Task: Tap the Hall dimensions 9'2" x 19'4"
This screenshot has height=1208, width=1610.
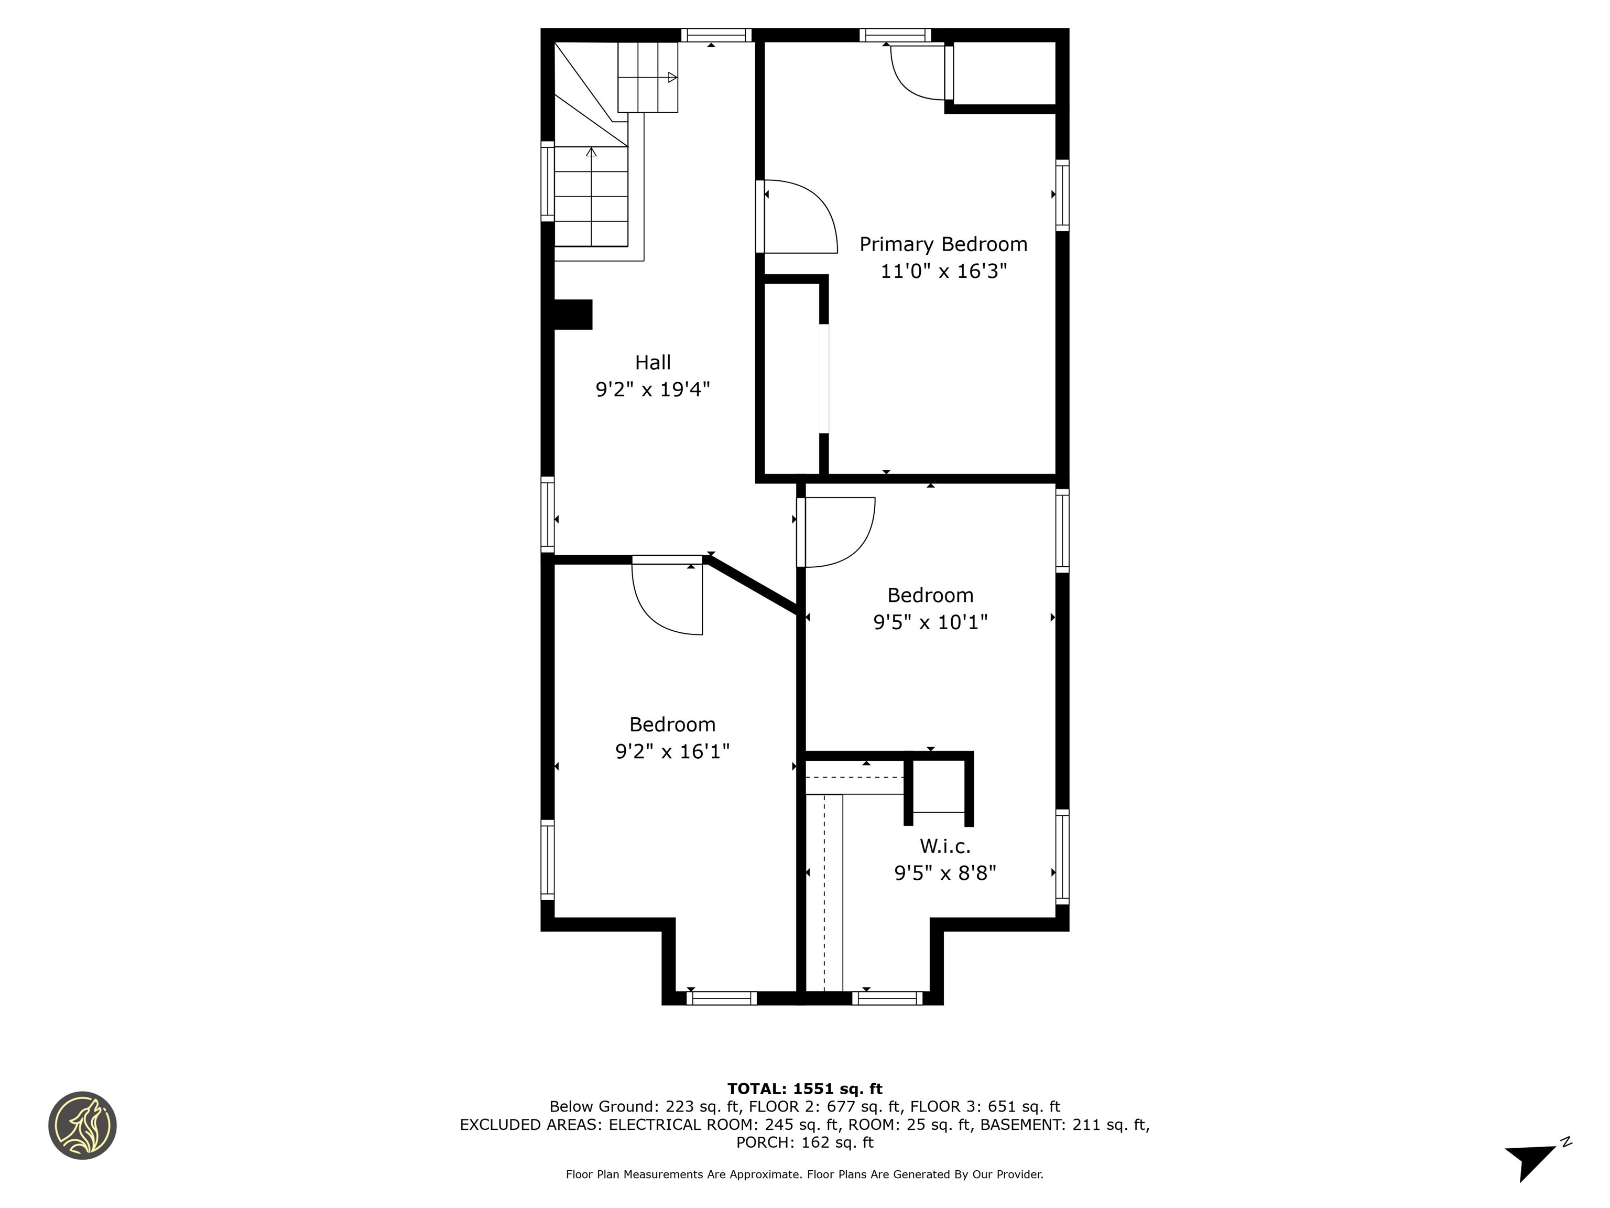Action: (653, 390)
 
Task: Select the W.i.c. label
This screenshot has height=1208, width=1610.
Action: (945, 846)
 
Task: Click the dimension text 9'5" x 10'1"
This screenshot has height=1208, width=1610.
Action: (930, 622)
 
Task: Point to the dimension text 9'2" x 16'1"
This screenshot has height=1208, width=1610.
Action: (672, 751)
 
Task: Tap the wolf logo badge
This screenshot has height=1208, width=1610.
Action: (83, 1125)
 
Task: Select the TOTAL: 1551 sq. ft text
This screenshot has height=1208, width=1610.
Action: (804, 1088)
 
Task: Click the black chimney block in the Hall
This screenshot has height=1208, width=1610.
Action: (573, 315)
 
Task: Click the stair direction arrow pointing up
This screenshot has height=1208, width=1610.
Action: (591, 152)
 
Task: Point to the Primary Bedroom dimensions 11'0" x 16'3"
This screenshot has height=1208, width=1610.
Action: (943, 272)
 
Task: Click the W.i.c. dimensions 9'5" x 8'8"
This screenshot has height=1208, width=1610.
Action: (945, 873)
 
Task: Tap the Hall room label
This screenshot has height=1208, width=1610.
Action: (653, 363)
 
